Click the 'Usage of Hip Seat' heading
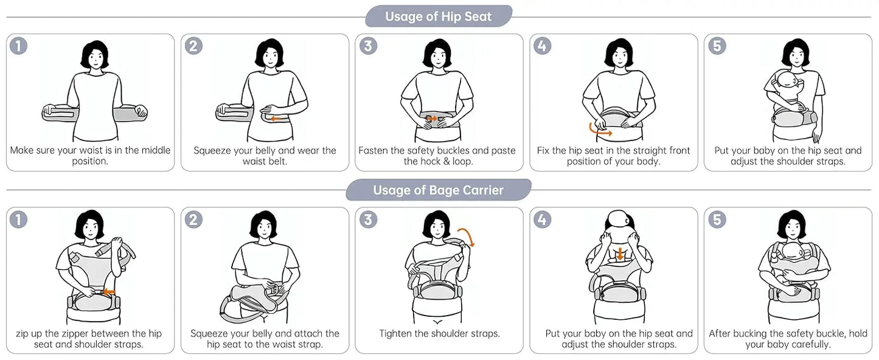(438, 16)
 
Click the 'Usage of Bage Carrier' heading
(438, 190)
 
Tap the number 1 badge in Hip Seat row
(19, 46)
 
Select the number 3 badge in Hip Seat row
(367, 46)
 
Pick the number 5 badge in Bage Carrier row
(717, 220)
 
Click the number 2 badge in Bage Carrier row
(193, 220)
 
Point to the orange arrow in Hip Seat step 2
(277, 119)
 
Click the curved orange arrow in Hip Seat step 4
(599, 130)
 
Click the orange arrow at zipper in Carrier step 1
(109, 292)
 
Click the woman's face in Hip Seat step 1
(94, 59)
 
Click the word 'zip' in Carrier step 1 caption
(24, 333)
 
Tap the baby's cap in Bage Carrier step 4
(620, 220)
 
